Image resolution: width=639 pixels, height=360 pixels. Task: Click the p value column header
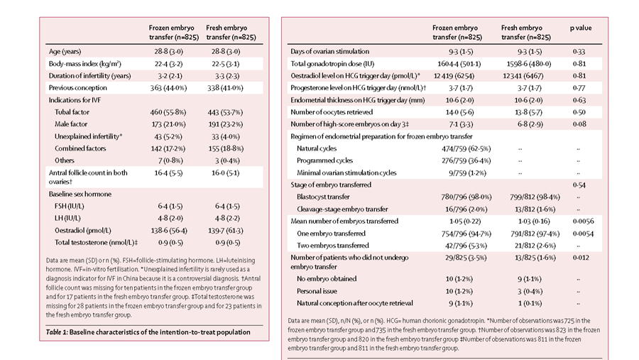pos(581,28)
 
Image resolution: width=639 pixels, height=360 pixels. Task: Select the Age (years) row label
pos(65,52)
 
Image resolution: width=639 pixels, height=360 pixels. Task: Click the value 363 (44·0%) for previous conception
pos(168,88)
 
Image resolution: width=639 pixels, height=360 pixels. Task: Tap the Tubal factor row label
pos(72,112)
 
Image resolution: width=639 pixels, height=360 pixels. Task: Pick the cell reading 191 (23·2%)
pos(225,124)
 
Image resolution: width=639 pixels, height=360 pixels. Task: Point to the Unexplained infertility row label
pos(89,136)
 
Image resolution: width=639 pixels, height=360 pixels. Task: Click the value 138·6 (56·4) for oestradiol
pos(169,231)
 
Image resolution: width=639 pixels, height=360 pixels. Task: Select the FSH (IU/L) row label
pos(70,207)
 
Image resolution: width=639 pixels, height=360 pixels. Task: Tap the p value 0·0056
pos(583,222)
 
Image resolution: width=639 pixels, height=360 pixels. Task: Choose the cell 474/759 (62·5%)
pos(466,149)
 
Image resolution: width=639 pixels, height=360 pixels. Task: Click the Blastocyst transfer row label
pos(323,197)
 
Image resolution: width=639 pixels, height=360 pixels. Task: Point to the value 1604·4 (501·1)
pos(459,64)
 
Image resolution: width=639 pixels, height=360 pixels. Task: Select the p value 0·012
pos(581,258)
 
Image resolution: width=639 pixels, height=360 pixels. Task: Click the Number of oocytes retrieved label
pos(332,112)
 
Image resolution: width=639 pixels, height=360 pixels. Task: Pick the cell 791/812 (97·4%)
pos(535,234)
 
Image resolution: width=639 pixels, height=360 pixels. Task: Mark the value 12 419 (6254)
pos(459,76)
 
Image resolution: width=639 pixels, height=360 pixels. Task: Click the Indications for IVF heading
pos(75,100)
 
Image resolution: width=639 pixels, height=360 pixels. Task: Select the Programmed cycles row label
pos(324,160)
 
